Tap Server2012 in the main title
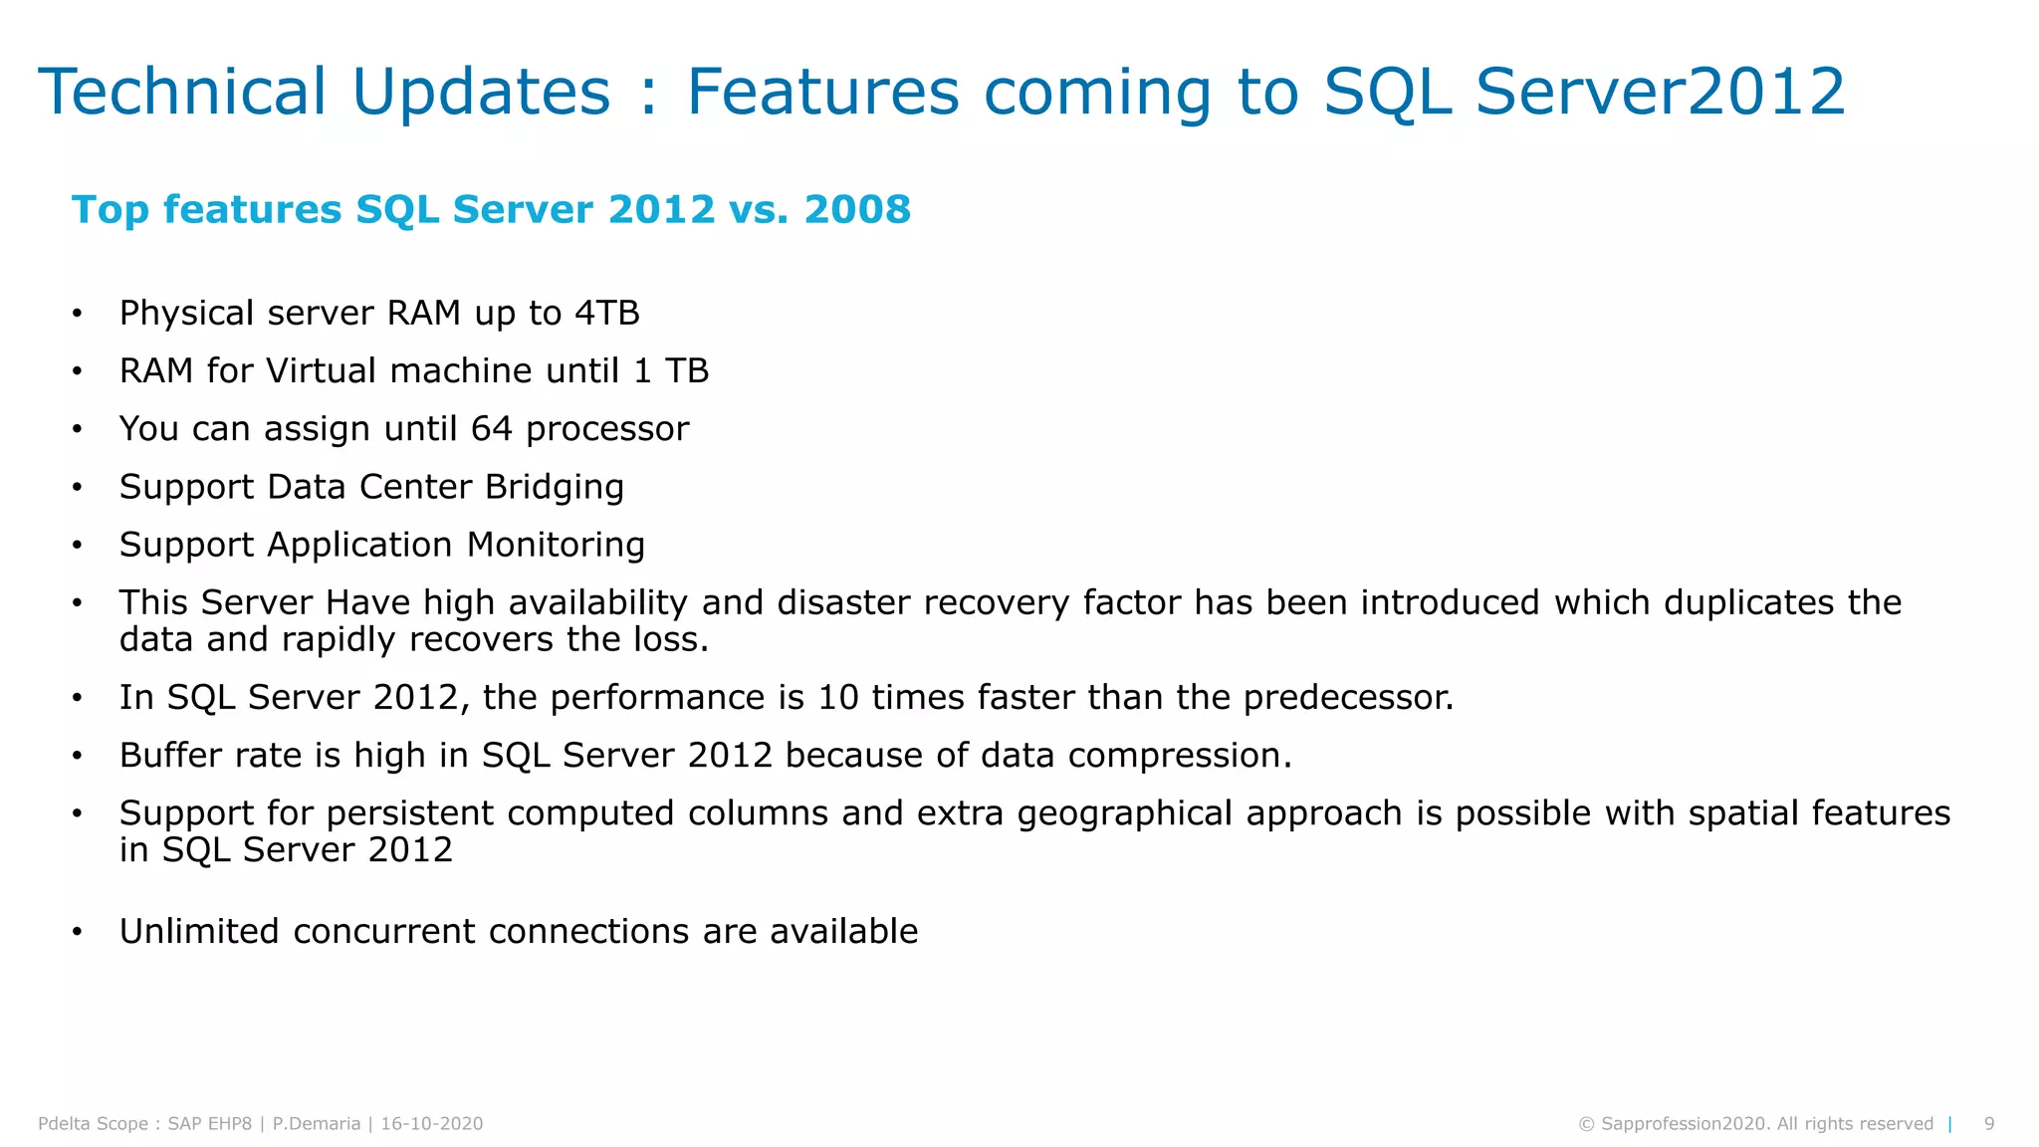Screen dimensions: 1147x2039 (1660, 92)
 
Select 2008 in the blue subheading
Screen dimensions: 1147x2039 (856, 209)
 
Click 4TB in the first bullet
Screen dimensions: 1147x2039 (607, 314)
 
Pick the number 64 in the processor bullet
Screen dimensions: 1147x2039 (491, 429)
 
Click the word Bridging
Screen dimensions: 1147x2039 (554, 488)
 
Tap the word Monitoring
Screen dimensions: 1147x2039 (556, 546)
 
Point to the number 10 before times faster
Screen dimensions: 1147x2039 (837, 698)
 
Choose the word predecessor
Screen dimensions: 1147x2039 (1348, 698)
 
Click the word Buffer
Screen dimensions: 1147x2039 (169, 756)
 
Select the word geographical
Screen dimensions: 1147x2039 (1124, 814)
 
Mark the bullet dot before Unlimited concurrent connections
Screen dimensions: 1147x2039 (77, 933)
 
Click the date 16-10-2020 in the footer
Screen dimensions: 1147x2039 (432, 1124)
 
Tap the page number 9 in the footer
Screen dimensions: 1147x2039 (1988, 1124)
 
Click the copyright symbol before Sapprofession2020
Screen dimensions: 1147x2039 (1586, 1125)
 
